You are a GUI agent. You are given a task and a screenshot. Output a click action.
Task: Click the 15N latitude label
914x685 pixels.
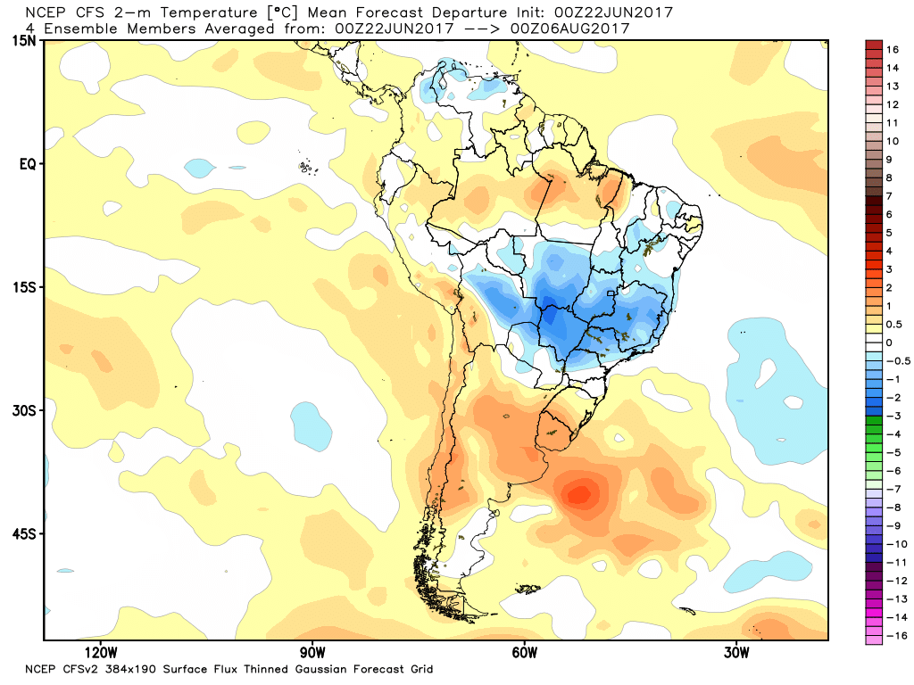coord(24,41)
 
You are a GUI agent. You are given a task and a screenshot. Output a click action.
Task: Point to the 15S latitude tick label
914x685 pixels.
coord(24,287)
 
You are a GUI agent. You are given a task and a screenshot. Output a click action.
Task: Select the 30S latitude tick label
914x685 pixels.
coord(24,410)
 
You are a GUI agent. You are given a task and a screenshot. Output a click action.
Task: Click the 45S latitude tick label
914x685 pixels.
coord(24,533)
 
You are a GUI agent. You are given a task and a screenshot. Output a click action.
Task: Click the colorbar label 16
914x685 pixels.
coord(893,50)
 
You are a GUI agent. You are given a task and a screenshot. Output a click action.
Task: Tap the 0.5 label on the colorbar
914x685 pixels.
coord(893,324)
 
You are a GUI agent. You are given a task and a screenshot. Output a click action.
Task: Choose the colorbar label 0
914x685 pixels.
coord(889,342)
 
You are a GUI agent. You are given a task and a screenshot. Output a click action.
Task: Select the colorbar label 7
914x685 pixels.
coord(889,196)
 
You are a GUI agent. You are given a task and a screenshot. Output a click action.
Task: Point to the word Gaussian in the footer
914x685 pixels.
coord(303,669)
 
